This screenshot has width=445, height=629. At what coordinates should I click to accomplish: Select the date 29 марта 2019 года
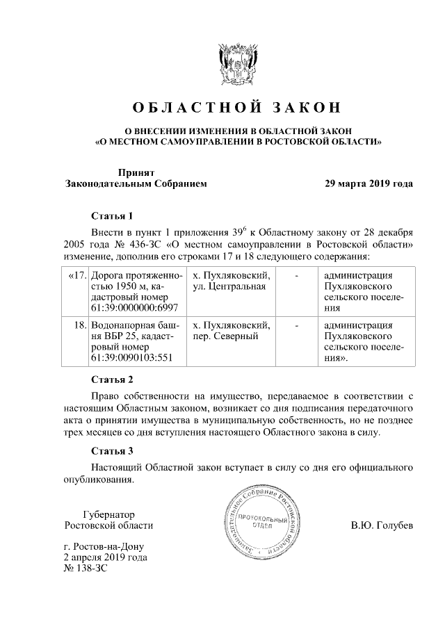coord(369,184)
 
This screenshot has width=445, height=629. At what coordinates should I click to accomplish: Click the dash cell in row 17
coord(297,276)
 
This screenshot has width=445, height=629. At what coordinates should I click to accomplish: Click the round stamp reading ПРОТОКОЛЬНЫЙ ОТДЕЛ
coord(264,523)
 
